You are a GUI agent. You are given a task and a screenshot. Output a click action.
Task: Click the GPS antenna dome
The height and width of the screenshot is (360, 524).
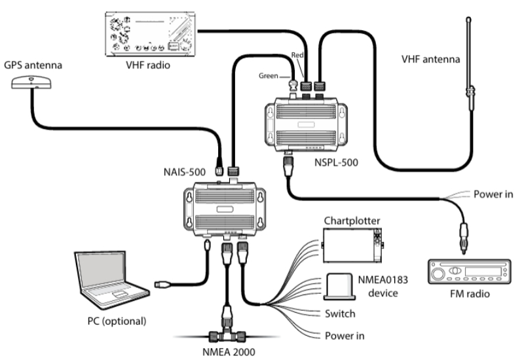[31, 82]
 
